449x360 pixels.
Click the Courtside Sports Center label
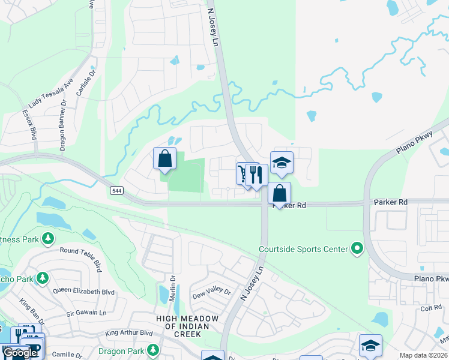point(303,249)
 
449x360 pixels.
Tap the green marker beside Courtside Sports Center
point(358,248)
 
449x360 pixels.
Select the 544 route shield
point(116,190)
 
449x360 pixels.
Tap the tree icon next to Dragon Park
point(154,349)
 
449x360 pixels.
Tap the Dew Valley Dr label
point(211,293)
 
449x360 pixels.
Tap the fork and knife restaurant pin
point(256,176)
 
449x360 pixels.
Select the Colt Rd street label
point(431,308)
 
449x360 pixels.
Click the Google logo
point(20,353)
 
